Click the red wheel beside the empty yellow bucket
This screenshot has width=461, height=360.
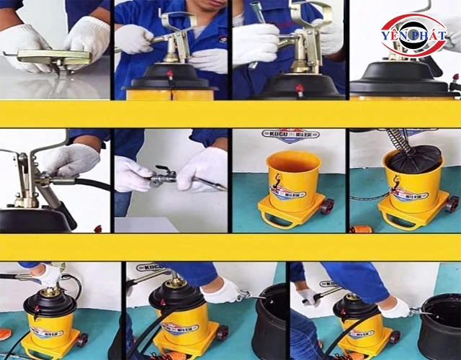tap(327, 206)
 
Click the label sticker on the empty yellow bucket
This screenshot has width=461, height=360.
tap(287, 191)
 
